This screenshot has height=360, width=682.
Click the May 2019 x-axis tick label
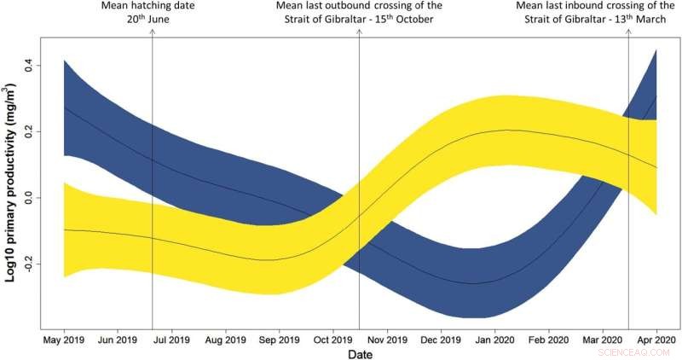[x=64, y=340]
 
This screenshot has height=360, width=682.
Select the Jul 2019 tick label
[x=171, y=340]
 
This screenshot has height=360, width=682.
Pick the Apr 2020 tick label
[x=655, y=340]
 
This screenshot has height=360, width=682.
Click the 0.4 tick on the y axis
[x=30, y=65]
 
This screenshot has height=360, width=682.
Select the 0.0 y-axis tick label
[x=30, y=198]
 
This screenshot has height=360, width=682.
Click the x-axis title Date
[x=358, y=352]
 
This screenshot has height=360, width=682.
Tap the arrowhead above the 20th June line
[x=152, y=32]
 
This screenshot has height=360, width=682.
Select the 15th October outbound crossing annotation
[x=360, y=15]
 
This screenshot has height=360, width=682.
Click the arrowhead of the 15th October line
[x=360, y=32]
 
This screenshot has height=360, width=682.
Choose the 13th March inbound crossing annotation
[x=597, y=15]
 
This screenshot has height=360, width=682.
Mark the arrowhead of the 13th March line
[x=628, y=32]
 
